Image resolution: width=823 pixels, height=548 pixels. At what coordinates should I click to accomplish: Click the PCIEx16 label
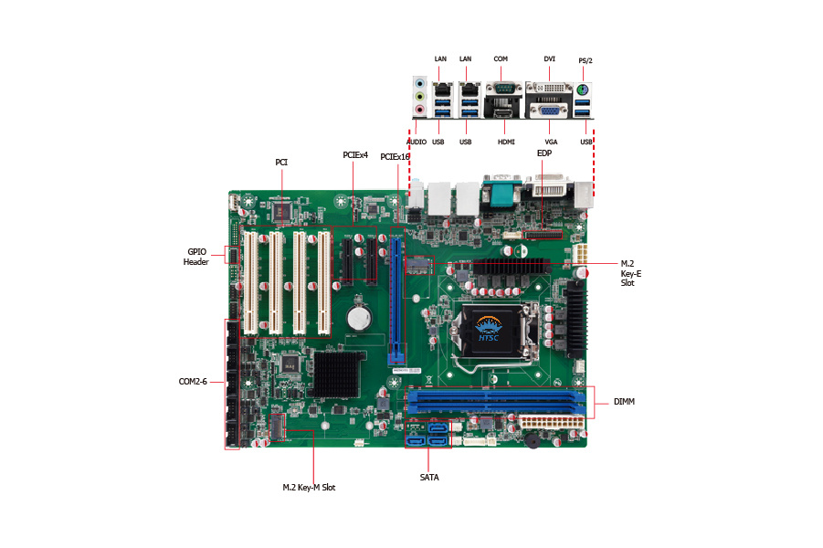(395, 157)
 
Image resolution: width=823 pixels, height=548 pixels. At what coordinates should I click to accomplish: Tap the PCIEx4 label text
(355, 155)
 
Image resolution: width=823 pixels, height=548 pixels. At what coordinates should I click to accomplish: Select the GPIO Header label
(197, 256)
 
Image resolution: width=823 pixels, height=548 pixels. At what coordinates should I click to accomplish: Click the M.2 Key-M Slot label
(309, 488)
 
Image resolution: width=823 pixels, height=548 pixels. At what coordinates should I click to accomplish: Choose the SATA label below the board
(429, 477)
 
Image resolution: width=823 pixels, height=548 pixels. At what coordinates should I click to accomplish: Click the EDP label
(544, 154)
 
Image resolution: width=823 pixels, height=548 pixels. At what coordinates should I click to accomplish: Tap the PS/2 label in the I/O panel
(586, 60)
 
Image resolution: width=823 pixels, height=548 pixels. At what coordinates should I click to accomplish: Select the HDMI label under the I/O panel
(506, 142)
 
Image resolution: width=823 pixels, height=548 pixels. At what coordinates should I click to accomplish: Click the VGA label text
(551, 142)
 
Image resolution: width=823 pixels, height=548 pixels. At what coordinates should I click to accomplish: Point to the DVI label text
(549, 58)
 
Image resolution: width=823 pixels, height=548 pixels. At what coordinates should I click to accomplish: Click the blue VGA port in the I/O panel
(551, 111)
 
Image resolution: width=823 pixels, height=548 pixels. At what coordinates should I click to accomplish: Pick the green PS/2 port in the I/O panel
(585, 90)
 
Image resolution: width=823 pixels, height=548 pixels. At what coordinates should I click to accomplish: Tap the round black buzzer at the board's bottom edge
(529, 439)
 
